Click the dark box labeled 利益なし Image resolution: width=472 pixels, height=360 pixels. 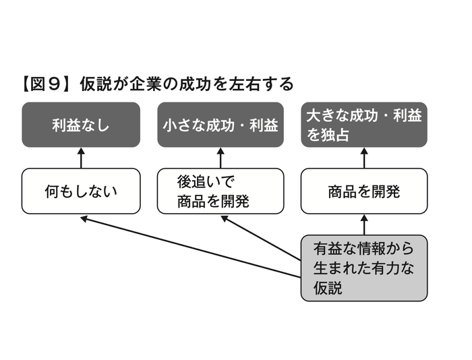click(81, 125)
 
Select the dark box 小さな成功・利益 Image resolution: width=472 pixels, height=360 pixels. click(220, 125)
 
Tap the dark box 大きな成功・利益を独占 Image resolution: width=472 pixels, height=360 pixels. click(364, 125)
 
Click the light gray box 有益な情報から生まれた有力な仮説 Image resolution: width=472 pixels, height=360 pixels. click(364, 268)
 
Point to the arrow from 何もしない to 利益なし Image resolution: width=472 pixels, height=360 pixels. click(81, 158)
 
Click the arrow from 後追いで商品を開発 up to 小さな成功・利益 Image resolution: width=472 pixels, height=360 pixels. click(220, 158)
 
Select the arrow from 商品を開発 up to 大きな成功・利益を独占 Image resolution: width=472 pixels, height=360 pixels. click(364, 158)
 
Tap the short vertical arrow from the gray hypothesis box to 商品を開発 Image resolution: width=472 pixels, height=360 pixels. click(364, 225)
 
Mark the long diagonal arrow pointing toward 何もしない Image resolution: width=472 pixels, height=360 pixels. click(189, 247)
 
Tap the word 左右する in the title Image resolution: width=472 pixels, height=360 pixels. click(264, 84)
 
